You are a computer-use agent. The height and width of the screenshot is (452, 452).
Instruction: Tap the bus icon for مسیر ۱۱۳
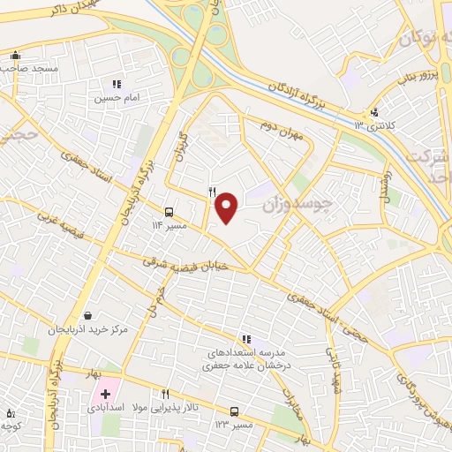(169, 212)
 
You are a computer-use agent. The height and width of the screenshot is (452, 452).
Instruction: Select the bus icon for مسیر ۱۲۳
(234, 411)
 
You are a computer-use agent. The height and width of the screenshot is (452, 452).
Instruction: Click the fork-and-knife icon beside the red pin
(212, 192)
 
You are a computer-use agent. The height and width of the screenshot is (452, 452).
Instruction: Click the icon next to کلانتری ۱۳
(375, 112)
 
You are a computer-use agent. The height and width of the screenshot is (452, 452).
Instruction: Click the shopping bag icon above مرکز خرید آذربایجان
(87, 315)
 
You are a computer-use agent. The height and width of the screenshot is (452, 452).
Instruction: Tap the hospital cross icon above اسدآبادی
(106, 394)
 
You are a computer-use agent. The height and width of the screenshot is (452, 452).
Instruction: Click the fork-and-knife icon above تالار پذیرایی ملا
(164, 394)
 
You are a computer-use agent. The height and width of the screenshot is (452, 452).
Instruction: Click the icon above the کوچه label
(10, 412)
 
